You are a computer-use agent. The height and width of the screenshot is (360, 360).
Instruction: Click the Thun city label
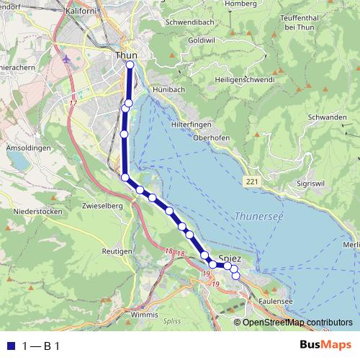(125, 54)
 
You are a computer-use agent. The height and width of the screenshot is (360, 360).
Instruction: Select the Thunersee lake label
(258, 215)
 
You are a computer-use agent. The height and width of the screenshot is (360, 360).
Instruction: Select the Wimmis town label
(144, 315)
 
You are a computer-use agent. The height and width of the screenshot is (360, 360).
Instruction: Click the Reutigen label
(117, 251)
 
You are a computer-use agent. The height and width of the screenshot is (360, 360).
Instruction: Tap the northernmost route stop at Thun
(130, 65)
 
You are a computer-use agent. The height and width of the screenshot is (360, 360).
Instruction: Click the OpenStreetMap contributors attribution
(297, 322)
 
